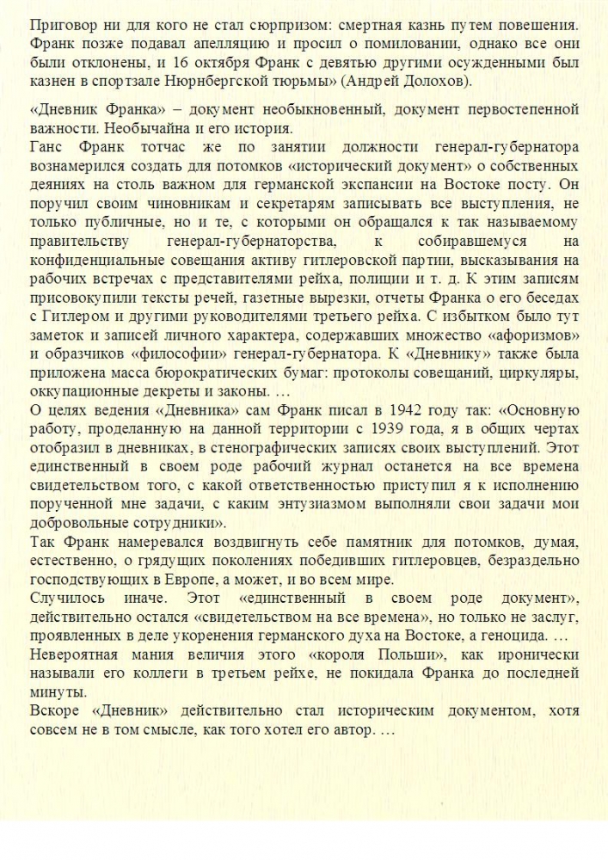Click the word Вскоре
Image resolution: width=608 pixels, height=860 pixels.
[53, 711]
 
